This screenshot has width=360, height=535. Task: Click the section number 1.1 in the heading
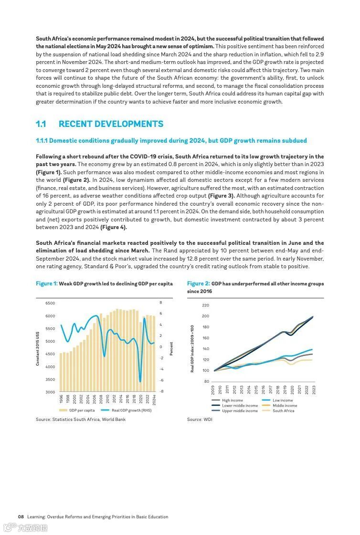(41, 124)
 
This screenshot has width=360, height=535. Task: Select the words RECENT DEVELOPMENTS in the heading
(111, 124)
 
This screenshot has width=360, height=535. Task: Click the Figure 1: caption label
(46, 283)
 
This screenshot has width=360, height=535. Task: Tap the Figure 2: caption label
(198, 283)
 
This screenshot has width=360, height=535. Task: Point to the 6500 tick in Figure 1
(50, 303)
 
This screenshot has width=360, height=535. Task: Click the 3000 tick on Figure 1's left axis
(50, 392)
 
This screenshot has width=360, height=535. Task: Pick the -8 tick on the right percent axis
(161, 391)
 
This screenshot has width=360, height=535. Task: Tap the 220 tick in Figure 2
(205, 305)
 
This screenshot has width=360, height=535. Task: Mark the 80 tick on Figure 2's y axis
(206, 381)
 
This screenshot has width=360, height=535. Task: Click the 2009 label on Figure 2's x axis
(213, 389)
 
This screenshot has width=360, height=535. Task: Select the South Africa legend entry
(283, 411)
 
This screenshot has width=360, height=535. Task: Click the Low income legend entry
(283, 400)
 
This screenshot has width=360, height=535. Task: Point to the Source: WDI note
(200, 420)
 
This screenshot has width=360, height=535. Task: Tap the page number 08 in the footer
(21, 517)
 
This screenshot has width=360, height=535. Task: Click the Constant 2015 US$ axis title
(37, 349)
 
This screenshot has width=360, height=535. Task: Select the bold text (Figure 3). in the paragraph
(221, 196)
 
